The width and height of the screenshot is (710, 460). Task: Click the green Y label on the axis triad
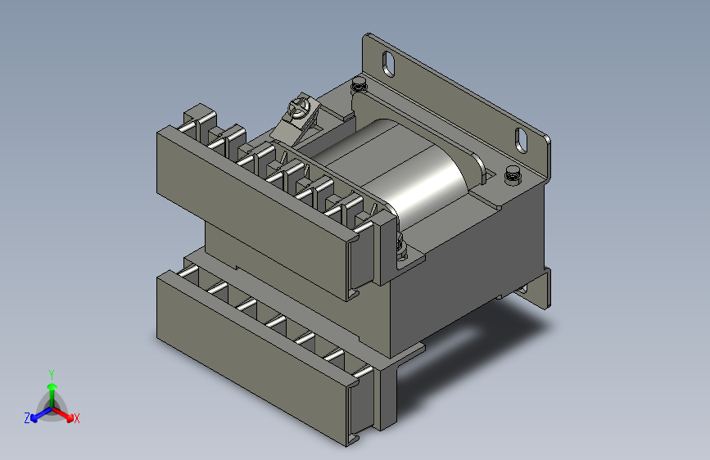tap(52, 375)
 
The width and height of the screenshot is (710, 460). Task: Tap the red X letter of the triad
tap(76, 418)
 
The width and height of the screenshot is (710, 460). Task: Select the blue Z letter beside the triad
tap(27, 418)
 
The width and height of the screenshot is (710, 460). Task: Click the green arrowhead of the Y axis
tap(52, 386)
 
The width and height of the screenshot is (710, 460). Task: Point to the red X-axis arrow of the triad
tap(63, 414)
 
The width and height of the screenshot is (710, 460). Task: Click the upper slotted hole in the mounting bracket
tap(388, 64)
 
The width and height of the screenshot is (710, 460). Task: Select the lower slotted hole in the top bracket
tap(521, 140)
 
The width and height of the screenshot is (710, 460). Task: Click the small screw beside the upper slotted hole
tap(358, 84)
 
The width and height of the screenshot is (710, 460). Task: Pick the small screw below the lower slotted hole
tap(512, 174)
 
